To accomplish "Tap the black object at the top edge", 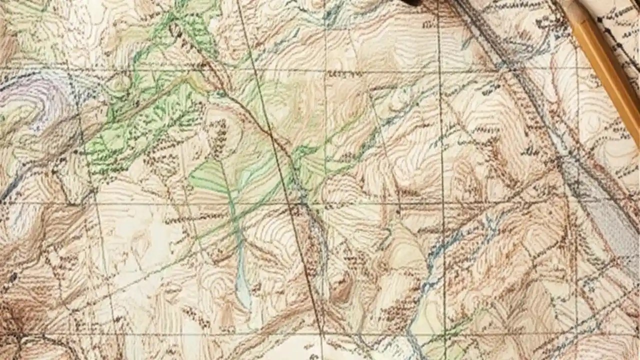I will [412, 2].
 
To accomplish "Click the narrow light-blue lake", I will [242, 280].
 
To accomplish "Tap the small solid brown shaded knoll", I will [343, 290].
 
